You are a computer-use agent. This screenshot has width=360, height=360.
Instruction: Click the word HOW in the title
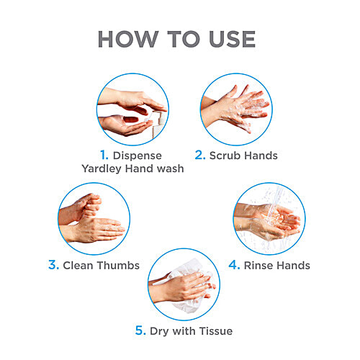(128, 39)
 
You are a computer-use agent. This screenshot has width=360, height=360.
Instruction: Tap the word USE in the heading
(232, 39)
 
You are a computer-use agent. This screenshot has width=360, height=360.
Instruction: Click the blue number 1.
(104, 155)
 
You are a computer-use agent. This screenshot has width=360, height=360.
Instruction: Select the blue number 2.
(200, 155)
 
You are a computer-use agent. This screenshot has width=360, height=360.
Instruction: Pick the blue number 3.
(53, 265)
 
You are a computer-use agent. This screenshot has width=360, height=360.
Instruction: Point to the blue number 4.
(234, 265)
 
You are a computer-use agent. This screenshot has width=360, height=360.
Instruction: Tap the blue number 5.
(140, 330)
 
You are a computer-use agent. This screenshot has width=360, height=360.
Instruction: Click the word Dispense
(138, 156)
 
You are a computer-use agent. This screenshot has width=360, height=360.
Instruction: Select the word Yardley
(102, 168)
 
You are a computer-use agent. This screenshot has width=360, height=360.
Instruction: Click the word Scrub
(225, 156)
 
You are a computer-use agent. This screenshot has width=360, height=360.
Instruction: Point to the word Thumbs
(118, 266)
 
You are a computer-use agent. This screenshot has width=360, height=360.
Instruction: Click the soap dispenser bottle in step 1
(158, 125)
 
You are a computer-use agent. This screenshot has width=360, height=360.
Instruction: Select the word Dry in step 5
(159, 331)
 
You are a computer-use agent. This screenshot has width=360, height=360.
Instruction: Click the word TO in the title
(184, 39)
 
